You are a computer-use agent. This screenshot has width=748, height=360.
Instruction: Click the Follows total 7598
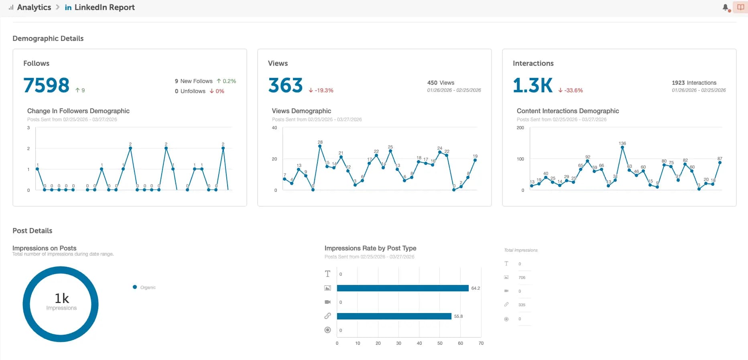pos(47,85)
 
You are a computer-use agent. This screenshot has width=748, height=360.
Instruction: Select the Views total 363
pos(285,85)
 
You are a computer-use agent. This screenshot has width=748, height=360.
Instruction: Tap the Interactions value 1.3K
pos(533,85)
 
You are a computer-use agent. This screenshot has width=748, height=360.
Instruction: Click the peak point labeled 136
pos(622,148)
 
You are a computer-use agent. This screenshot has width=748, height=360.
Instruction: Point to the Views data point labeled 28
pos(320,146)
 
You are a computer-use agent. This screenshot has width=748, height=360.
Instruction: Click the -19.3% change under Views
pos(321,90)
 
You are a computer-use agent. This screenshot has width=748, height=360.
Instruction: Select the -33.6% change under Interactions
pos(571,90)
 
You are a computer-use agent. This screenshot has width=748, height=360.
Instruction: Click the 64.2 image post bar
pos(402,288)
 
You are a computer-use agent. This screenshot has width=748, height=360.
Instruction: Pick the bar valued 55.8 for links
pos(394,316)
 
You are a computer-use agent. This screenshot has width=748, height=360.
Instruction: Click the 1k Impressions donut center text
pos(61,301)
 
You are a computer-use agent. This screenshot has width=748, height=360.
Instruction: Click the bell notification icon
pos(725,7)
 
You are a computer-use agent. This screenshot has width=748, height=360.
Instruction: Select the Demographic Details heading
pos(48,39)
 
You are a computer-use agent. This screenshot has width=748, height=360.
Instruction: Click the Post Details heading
pos(33,231)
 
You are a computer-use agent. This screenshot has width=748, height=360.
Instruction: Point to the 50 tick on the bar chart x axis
pos(440,343)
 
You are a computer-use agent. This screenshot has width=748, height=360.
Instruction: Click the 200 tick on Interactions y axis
pos(520,128)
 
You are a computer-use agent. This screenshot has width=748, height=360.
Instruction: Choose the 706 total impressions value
pos(522,278)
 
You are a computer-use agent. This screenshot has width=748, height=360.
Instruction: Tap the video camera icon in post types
pos(327,302)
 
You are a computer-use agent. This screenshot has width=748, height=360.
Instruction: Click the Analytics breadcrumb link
pos(34,7)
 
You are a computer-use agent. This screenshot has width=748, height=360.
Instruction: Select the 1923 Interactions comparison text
pos(694,83)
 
